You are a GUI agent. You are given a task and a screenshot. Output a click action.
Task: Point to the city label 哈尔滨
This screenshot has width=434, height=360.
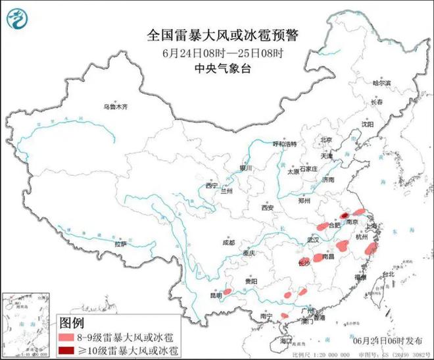(x=381, y=84)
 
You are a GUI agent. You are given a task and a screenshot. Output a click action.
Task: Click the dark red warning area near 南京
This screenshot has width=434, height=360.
(x=344, y=215)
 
